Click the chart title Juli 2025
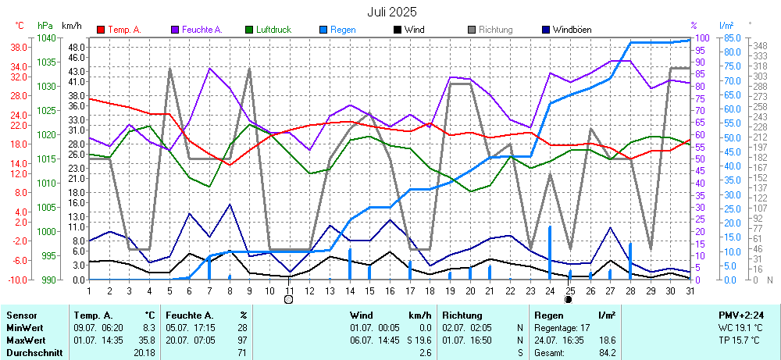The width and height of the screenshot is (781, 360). [392, 12]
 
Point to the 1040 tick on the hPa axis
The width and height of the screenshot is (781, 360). [46, 38]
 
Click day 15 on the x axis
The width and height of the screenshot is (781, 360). [370, 290]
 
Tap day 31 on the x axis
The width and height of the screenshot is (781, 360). [690, 290]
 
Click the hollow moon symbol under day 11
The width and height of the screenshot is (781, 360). [289, 299]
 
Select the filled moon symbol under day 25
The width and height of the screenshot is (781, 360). [569, 299]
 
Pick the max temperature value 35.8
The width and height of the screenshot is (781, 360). [147, 340]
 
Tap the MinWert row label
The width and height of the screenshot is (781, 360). [26, 327]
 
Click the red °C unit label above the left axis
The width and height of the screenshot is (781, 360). [20, 26]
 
